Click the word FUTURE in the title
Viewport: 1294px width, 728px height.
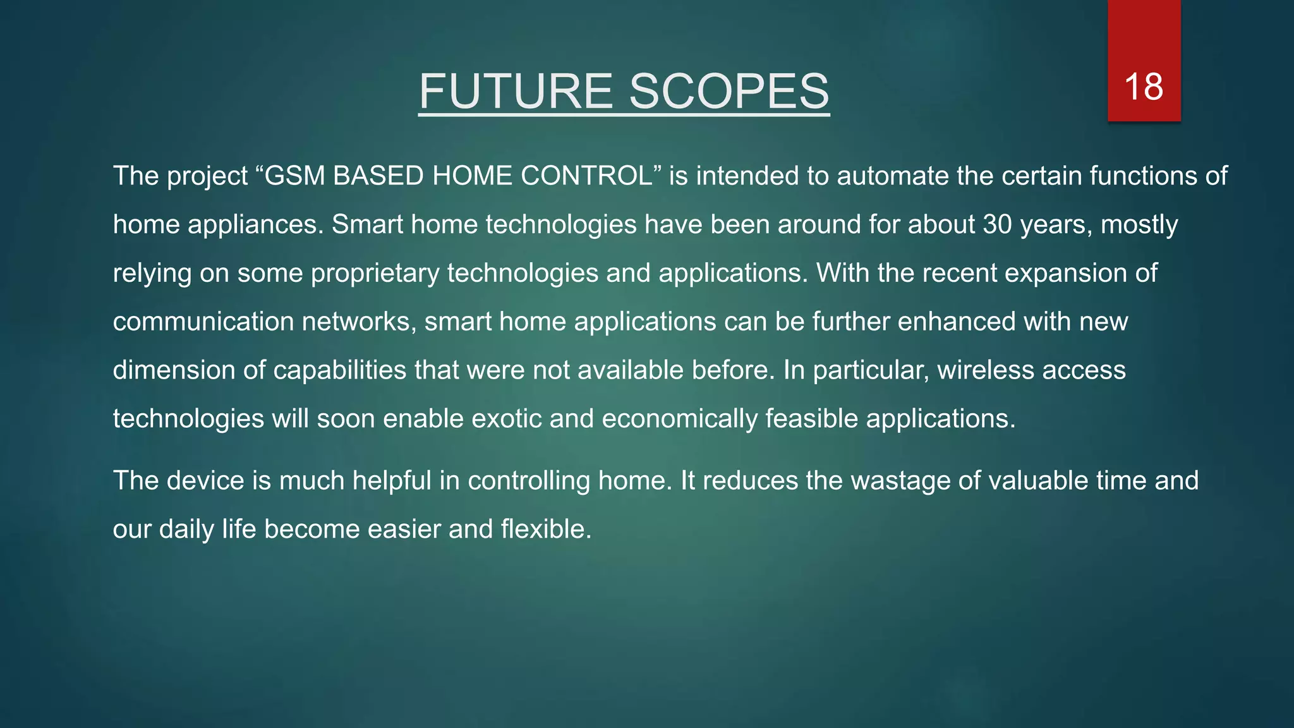516,91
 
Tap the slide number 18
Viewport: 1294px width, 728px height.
1144,87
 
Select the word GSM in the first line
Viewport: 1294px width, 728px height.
294,176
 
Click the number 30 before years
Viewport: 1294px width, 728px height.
998,224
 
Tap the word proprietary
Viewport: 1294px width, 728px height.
375,273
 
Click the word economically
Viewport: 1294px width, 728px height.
679,419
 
